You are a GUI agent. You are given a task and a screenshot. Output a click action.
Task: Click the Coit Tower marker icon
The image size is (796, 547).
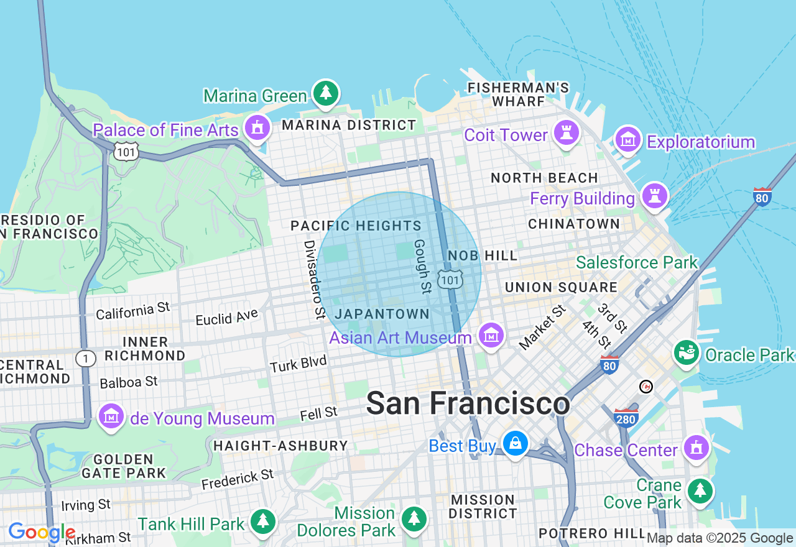(566, 133)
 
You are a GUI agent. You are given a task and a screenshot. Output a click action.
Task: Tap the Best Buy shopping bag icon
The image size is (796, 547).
(516, 444)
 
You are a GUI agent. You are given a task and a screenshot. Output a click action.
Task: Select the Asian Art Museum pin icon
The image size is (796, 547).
(491, 336)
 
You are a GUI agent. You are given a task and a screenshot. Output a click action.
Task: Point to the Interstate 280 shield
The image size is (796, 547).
(626, 418)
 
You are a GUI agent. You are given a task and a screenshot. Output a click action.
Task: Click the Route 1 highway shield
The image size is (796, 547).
(85, 359)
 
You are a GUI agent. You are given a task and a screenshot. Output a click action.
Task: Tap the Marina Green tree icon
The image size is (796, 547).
(325, 93)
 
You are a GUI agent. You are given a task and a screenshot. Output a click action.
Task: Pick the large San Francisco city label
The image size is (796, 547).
(468, 404)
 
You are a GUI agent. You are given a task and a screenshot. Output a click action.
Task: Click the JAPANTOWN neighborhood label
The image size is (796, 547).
(382, 314)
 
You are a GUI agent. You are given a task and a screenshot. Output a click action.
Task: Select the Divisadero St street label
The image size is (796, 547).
(314, 279)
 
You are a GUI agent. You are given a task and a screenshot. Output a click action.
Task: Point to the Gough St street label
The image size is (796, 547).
(422, 266)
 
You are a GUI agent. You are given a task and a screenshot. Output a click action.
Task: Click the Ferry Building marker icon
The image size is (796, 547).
(654, 196)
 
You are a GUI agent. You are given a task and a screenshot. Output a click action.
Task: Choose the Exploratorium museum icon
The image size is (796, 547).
(628, 140)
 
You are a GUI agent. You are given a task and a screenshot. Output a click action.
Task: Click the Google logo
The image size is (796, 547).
(42, 533)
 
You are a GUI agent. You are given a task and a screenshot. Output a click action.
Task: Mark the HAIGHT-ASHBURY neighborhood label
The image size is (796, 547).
(280, 446)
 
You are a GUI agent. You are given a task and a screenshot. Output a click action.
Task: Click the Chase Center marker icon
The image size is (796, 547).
(696, 448)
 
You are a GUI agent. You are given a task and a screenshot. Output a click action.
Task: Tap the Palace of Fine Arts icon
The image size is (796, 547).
(257, 128)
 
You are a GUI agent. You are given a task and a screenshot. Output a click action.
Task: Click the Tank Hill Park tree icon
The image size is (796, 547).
(263, 522)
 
